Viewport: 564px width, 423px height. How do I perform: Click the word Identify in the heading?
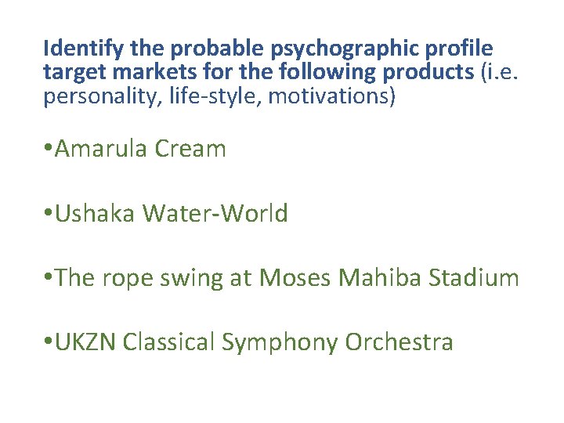(85, 49)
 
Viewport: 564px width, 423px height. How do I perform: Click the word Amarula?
(102, 149)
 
